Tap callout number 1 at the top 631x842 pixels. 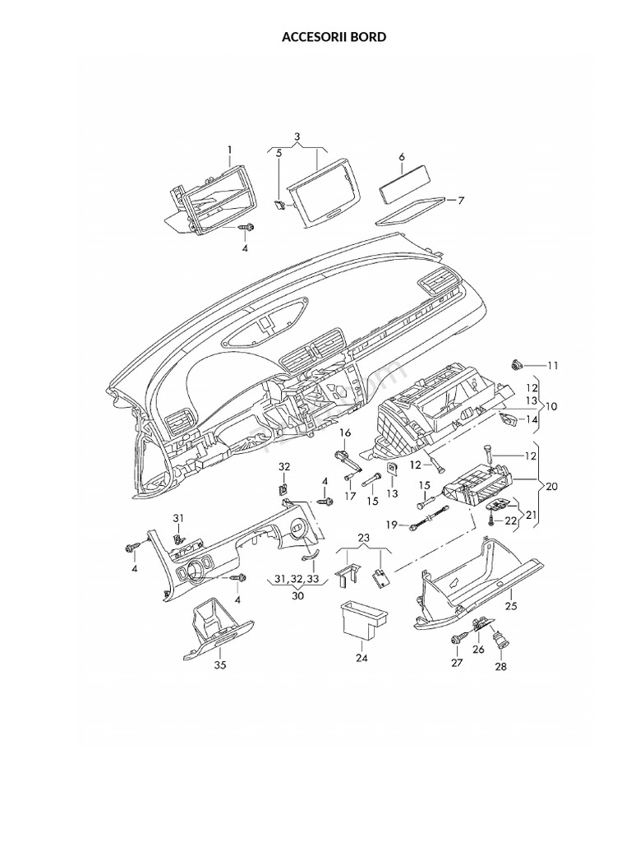coord(230,149)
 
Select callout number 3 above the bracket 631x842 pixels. coord(297,136)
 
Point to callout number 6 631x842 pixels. coord(402,156)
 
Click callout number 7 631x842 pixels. coord(461,200)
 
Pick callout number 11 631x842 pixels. coord(552,365)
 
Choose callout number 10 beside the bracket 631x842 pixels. coord(551,406)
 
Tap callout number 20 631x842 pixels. coord(551,487)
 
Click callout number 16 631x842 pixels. coord(345,433)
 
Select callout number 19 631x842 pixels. coord(392,525)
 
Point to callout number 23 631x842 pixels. coord(364,539)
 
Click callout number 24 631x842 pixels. coord(362,658)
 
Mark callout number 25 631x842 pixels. coord(510,606)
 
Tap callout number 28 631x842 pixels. coord(500,667)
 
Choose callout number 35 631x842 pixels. coord(219,664)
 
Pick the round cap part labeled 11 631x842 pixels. coord(518,363)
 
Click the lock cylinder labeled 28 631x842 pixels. coord(498,638)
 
